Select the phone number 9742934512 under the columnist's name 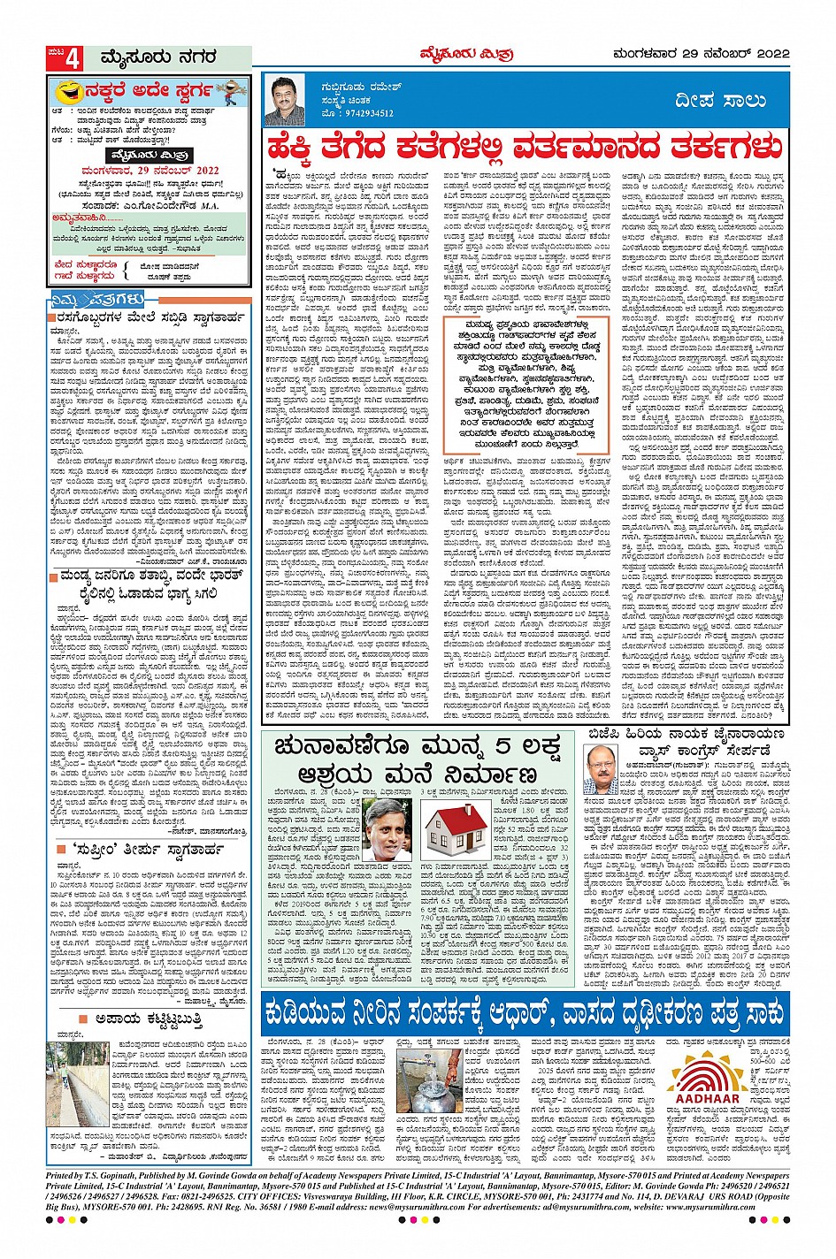358,113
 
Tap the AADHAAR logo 705,1080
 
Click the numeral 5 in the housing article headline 510,748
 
